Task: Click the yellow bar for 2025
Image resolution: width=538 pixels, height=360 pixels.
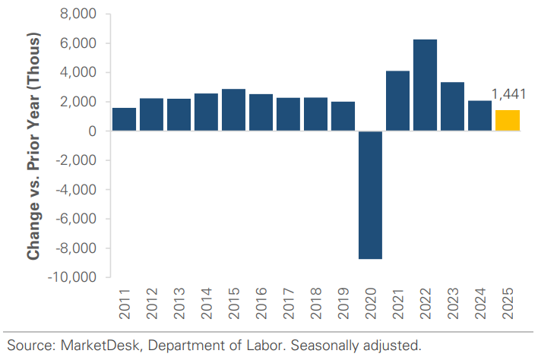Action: coord(507,121)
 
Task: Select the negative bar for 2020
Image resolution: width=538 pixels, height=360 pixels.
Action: coord(370,195)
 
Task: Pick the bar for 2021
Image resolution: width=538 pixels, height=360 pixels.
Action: coord(397,101)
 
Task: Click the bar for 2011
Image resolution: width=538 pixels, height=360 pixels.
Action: coord(124,119)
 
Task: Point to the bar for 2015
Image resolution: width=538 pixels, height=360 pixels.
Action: coord(233,110)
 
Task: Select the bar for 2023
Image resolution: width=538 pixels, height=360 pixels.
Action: coord(452,106)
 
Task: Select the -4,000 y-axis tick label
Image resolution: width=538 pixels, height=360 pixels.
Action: coord(77,190)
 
